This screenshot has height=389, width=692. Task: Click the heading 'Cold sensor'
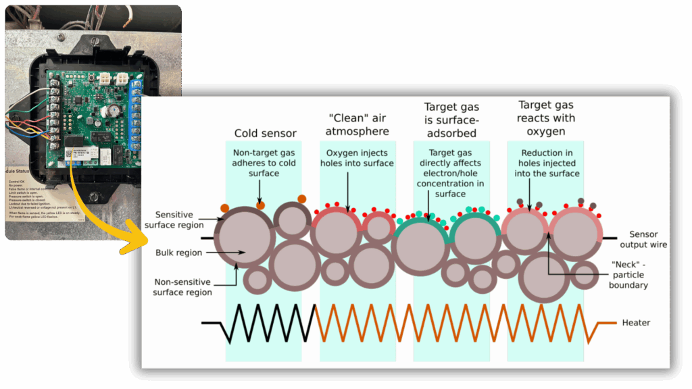click(x=265, y=133)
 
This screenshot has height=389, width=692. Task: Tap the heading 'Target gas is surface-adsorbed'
click(x=451, y=120)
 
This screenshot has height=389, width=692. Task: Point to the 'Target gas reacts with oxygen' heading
click(x=546, y=118)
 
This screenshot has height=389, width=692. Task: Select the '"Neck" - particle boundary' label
click(x=628, y=274)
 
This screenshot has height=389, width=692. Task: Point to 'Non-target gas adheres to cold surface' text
click(x=264, y=163)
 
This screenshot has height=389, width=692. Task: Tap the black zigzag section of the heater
click(x=270, y=323)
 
